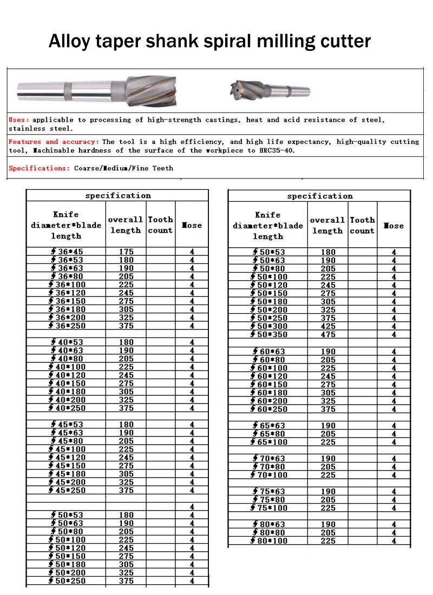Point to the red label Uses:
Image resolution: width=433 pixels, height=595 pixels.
19,120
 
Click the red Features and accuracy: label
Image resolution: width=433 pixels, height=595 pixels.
54,142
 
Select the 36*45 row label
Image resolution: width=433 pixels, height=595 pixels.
67,252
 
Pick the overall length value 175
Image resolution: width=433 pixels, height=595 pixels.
126,252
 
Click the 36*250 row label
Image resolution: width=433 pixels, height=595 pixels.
67,326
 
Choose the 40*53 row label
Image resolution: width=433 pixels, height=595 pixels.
67,342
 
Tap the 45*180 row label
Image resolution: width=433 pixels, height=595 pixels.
67,474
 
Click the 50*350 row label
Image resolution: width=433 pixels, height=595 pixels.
269,335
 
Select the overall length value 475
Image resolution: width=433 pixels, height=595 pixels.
328,335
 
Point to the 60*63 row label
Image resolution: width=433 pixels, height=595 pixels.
269,352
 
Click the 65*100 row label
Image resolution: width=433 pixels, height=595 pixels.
269,442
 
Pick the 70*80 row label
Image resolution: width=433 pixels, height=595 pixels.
269,467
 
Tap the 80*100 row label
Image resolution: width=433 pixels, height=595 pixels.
269,541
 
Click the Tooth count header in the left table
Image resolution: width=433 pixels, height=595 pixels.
160,225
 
